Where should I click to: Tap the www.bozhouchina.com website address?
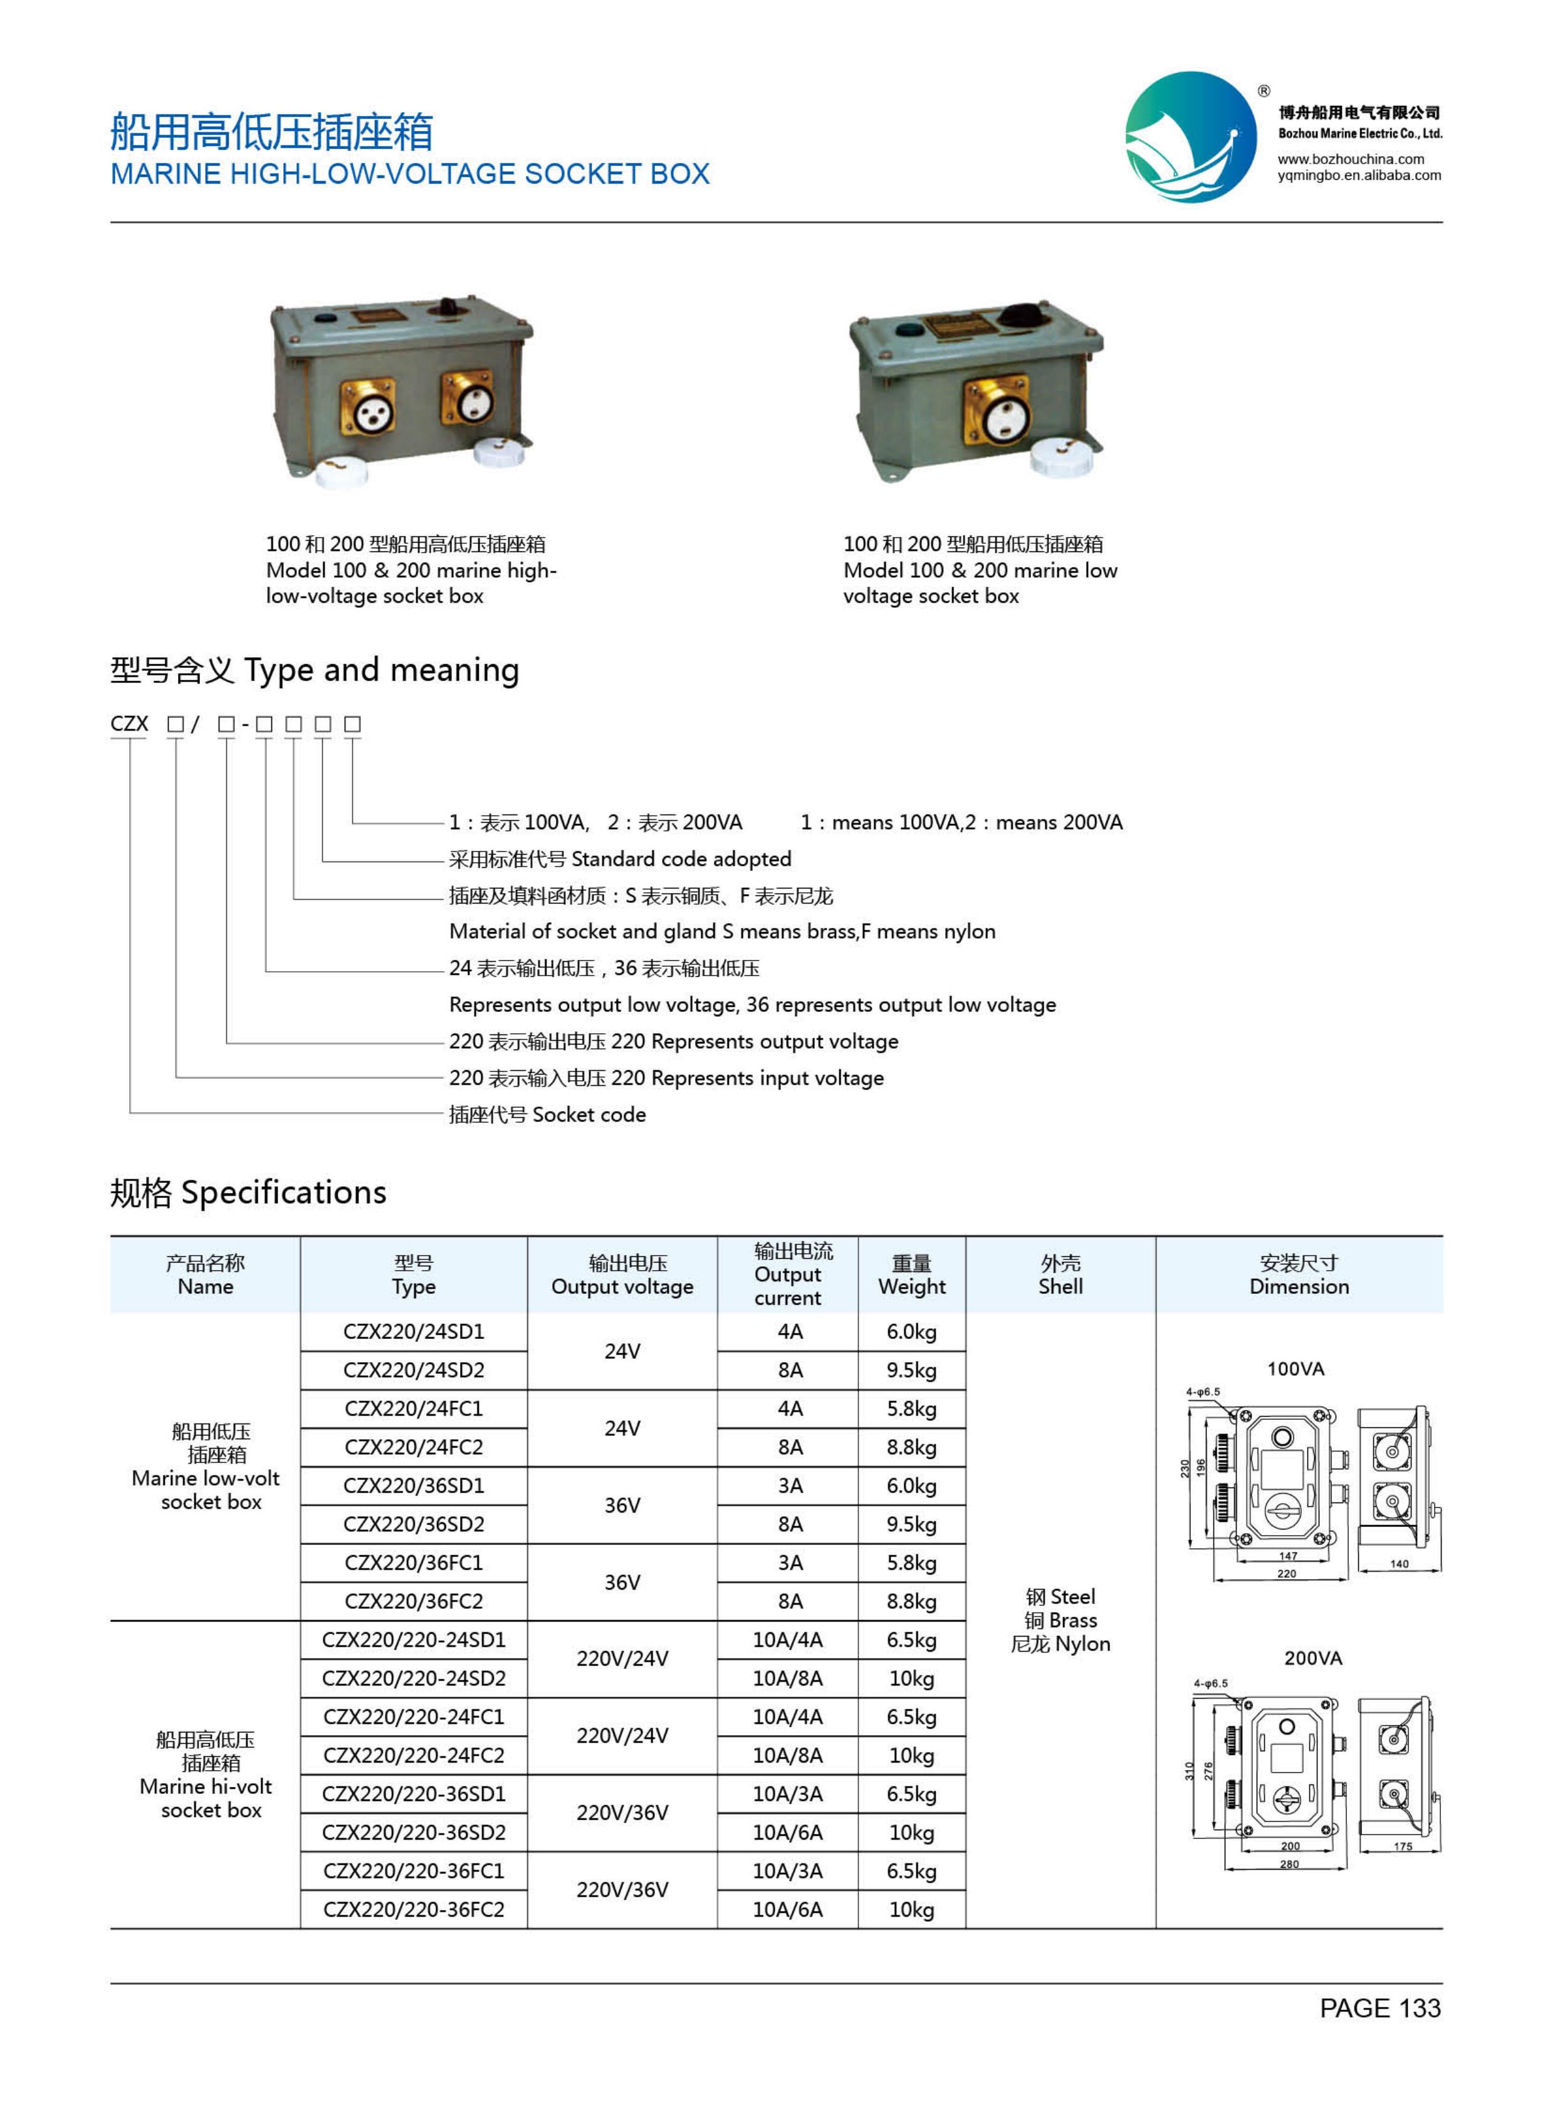(x=1350, y=159)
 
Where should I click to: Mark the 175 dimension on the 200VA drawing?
(x=1403, y=1846)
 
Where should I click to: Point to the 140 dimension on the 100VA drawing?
(x=1399, y=1563)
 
